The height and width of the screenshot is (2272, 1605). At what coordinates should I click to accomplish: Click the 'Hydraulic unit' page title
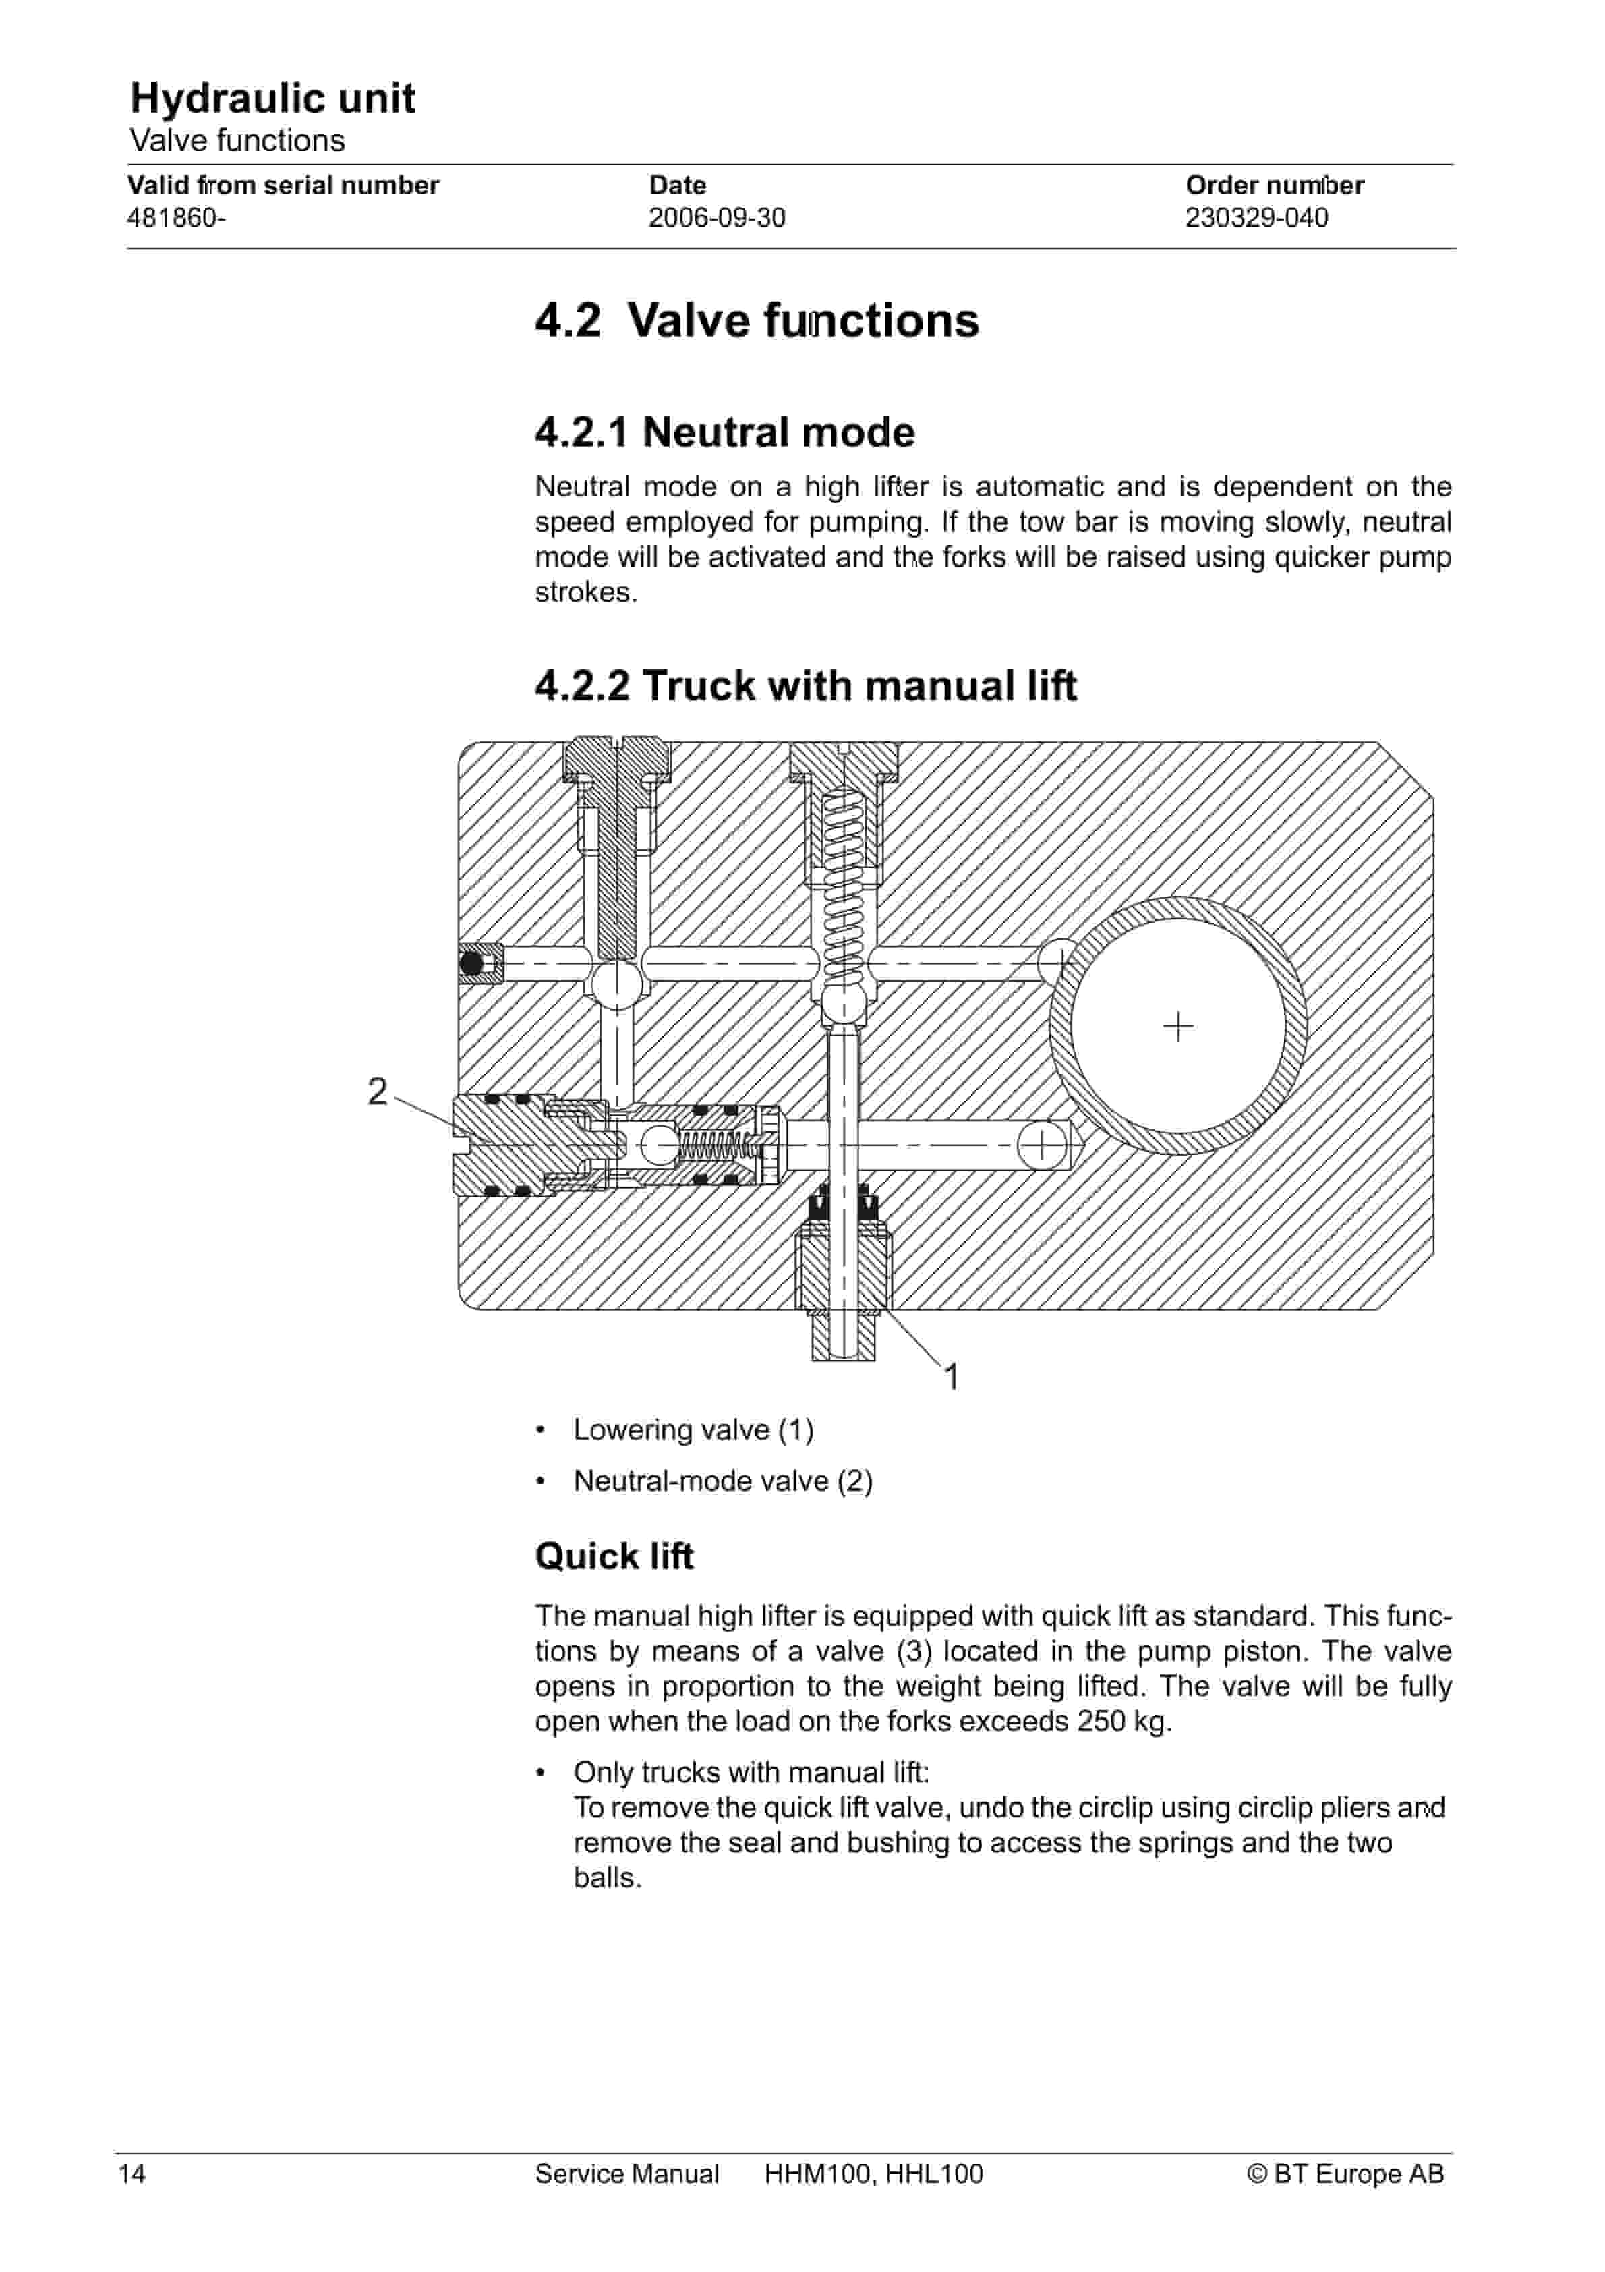click(272, 98)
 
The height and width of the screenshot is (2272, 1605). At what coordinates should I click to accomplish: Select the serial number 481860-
click(176, 218)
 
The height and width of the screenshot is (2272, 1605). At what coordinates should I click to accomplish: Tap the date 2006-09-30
click(716, 218)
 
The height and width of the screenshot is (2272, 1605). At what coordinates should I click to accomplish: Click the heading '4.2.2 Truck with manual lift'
click(805, 686)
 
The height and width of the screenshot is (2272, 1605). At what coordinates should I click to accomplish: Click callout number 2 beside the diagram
click(377, 1091)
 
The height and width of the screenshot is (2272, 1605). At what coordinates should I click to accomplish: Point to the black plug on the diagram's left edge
click(472, 963)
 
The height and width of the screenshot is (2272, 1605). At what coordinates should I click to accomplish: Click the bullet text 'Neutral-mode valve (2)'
click(722, 1481)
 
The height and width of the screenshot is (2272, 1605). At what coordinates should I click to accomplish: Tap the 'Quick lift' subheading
click(614, 1556)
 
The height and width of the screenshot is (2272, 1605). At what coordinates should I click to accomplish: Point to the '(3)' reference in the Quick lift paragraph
click(914, 1651)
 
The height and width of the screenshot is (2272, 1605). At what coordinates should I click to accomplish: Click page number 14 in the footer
click(132, 2174)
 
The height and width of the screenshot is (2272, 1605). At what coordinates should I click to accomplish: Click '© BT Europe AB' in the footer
click(1345, 2174)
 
